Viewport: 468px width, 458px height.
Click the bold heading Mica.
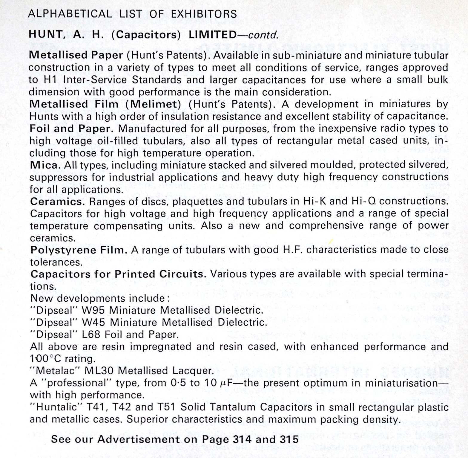(x=46, y=165)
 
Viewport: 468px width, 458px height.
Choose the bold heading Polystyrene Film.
(x=79, y=250)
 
